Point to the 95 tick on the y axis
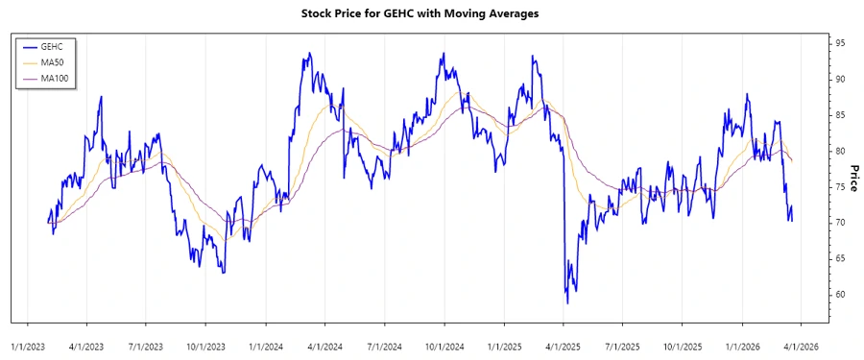coord(839,43)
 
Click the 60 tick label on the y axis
coord(839,295)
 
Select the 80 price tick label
coord(839,151)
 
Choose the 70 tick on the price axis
coord(839,223)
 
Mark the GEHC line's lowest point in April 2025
coord(567,303)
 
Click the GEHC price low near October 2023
coord(223,273)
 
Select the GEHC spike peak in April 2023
coord(101,97)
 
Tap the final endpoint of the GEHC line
coord(792,221)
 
